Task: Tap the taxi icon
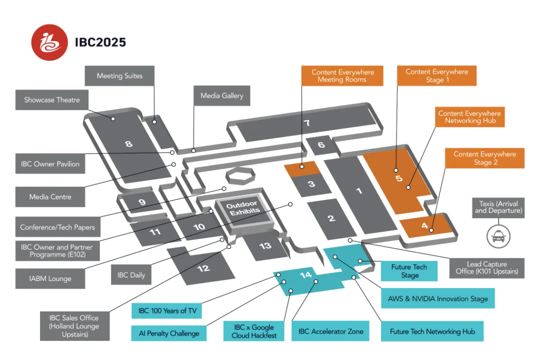click(498, 236)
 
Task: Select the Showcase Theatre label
click(52, 100)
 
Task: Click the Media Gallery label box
click(221, 95)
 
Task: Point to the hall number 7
click(307, 123)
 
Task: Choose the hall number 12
click(203, 268)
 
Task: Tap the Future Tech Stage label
click(409, 271)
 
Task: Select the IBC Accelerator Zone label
click(330, 331)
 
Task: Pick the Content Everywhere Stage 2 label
click(484, 158)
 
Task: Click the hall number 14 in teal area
click(305, 275)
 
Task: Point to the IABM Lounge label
click(50, 278)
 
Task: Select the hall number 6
click(321, 145)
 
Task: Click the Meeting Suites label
click(119, 76)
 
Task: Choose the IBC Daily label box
click(131, 275)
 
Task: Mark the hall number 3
click(311, 184)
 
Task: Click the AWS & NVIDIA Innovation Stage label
click(437, 298)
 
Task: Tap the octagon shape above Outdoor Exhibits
click(238, 177)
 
